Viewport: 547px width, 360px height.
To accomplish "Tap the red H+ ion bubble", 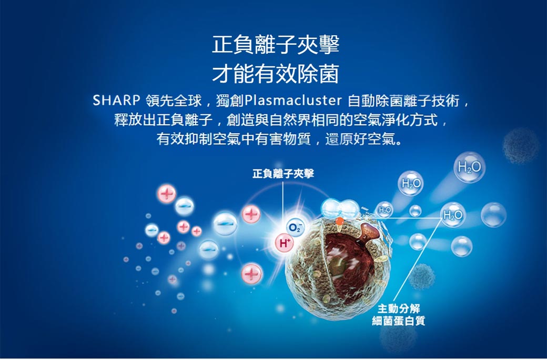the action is [x=285, y=243].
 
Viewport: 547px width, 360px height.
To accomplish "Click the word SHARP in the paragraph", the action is [x=116, y=101].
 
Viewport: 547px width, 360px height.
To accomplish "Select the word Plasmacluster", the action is [x=293, y=101].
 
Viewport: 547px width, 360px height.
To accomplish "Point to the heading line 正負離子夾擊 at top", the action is [x=276, y=44].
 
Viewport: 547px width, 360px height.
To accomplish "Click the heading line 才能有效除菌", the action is [x=276, y=74].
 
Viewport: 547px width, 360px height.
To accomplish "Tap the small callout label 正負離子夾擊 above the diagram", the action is [x=283, y=173].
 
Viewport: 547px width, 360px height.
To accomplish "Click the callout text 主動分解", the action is [x=399, y=308].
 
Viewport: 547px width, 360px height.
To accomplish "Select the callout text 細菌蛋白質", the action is [x=399, y=321].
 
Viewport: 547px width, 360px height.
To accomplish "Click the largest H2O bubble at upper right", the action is [x=469, y=167].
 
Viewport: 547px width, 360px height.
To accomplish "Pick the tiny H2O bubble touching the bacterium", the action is [x=384, y=209].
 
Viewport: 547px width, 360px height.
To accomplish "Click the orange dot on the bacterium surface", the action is [x=339, y=221].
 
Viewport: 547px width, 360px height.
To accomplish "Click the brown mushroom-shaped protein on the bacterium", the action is [x=370, y=231].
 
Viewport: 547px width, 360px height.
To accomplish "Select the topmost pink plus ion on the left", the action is [x=166, y=194].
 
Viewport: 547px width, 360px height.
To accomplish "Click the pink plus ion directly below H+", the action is [x=251, y=273].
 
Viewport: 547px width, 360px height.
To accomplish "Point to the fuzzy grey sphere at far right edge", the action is [x=521, y=146].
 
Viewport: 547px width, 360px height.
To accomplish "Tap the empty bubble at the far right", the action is [x=493, y=215].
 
